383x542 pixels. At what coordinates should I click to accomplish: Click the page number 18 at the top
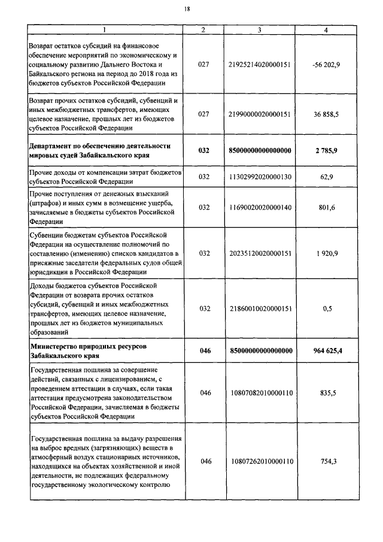pyautogui.click(x=188, y=9)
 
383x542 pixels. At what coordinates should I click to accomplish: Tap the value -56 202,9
pyautogui.click(x=327, y=65)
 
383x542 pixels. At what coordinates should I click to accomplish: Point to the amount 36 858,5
pyautogui.click(x=327, y=114)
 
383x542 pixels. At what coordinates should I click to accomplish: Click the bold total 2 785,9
pyautogui.click(x=327, y=150)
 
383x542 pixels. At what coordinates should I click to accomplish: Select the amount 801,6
pyautogui.click(x=327, y=207)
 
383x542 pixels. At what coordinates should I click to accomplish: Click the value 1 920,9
pyautogui.click(x=327, y=253)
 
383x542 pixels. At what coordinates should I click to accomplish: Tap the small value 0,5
pyautogui.click(x=327, y=308)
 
